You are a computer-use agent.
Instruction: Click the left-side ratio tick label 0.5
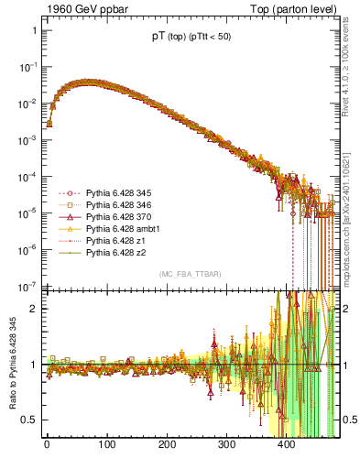click(x=27, y=420)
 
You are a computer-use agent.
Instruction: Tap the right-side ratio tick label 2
click(x=345, y=308)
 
